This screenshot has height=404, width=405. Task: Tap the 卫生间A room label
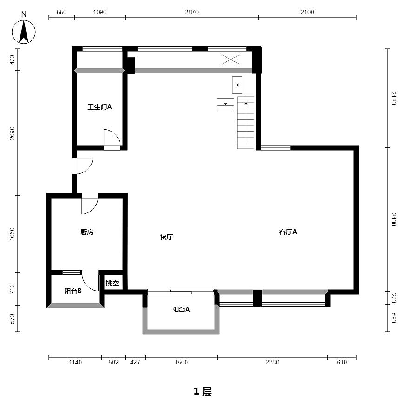click(x=100, y=107)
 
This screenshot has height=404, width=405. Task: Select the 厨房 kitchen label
click(x=87, y=232)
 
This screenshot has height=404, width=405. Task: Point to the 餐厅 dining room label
click(x=166, y=237)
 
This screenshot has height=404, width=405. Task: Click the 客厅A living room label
click(x=288, y=232)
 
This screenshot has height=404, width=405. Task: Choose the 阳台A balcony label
click(x=181, y=310)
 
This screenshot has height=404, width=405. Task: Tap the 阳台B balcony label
click(x=73, y=291)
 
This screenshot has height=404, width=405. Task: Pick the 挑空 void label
click(x=112, y=283)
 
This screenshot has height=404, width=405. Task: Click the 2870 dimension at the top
click(x=192, y=12)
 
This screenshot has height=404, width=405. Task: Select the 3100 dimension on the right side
click(x=393, y=219)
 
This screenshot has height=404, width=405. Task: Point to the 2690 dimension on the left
click(x=12, y=133)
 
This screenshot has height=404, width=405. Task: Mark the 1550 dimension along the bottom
click(x=181, y=363)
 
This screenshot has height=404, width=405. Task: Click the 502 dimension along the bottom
click(x=113, y=363)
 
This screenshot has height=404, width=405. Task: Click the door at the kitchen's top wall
click(x=90, y=204)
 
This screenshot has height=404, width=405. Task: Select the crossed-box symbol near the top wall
click(x=231, y=60)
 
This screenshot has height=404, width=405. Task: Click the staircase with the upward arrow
click(x=246, y=123)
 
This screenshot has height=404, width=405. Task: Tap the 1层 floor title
click(x=203, y=391)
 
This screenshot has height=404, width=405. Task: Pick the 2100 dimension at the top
click(x=307, y=12)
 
